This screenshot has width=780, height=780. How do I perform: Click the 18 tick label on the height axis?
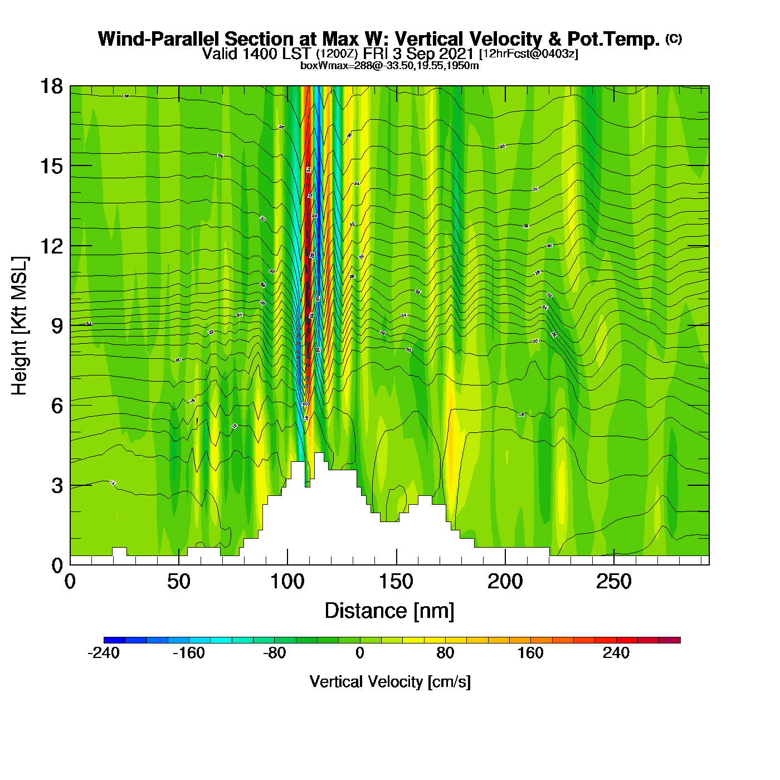(x=51, y=86)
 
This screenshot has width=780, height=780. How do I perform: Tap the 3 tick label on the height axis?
(x=57, y=486)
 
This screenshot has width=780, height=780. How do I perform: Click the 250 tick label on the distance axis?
(x=613, y=582)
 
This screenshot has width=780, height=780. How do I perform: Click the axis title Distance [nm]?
(x=389, y=611)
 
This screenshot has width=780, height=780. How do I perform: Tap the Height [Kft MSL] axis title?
(x=19, y=326)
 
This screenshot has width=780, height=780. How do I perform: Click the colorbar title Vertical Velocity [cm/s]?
(x=390, y=682)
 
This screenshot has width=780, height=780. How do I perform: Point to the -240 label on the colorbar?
(x=104, y=653)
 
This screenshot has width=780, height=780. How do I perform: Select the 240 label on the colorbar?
(x=616, y=653)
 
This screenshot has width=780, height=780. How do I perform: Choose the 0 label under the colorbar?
(x=360, y=653)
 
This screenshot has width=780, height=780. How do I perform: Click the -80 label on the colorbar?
(x=274, y=653)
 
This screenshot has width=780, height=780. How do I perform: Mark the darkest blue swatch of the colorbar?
(x=114, y=640)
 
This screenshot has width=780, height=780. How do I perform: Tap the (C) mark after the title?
(x=674, y=38)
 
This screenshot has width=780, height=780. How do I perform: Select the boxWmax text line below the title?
(x=389, y=66)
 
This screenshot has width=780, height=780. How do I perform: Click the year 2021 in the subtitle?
(x=456, y=53)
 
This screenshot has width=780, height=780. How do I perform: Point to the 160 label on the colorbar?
(x=530, y=653)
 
